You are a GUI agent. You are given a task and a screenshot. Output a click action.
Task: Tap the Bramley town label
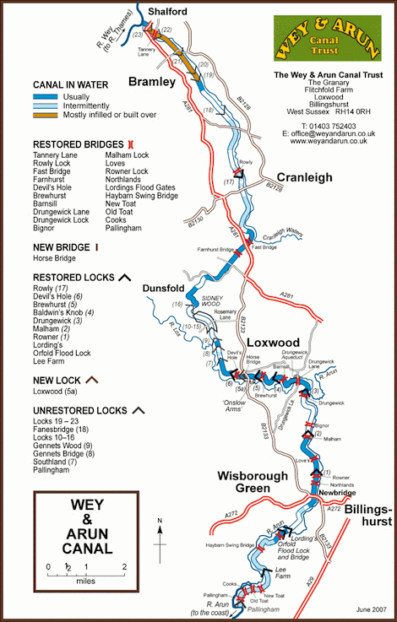[x=151, y=82]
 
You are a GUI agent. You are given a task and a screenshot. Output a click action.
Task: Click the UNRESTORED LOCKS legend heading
[x=81, y=410]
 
